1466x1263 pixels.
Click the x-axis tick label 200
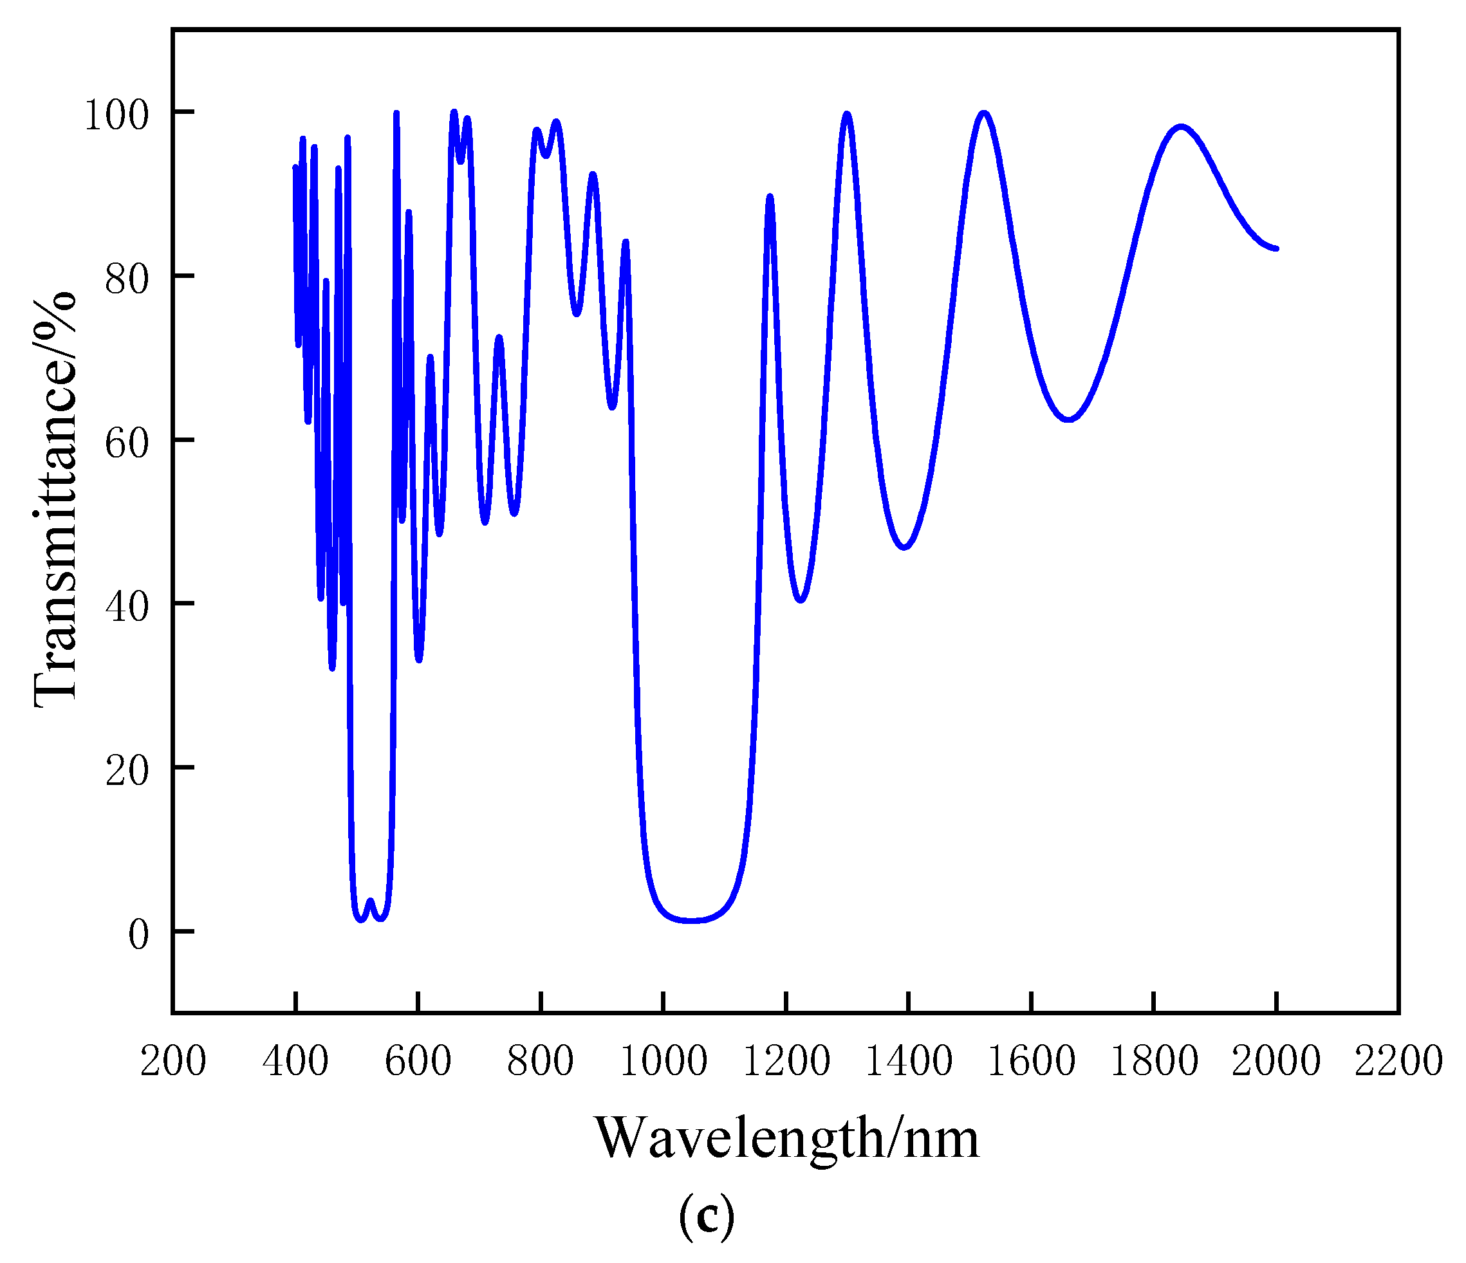point(172,1062)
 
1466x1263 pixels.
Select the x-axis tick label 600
point(418,1062)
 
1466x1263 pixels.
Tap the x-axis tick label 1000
point(663,1062)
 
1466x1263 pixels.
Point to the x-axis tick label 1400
point(909,1062)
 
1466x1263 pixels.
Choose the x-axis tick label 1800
point(1154,1062)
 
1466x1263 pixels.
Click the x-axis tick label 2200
point(1398,1062)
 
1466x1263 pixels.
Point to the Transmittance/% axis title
point(55,499)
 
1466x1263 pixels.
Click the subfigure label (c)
point(706,1216)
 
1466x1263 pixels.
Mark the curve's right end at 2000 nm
point(1276,248)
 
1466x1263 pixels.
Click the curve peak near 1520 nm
point(983,113)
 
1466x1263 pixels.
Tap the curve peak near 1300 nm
point(847,115)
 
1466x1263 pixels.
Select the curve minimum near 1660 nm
point(1069,419)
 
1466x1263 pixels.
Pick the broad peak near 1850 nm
point(1180,127)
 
